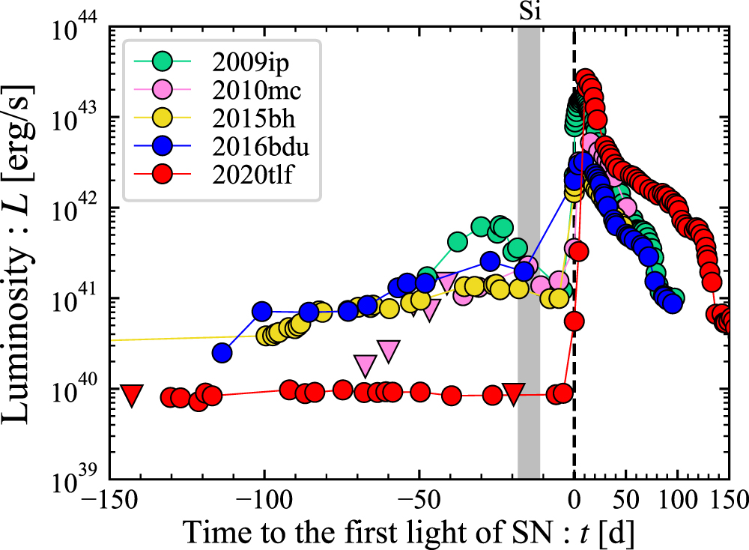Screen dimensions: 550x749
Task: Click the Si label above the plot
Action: [x=529, y=12]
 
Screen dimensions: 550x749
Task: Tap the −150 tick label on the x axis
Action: [x=109, y=498]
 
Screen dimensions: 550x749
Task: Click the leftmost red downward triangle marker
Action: [x=133, y=395]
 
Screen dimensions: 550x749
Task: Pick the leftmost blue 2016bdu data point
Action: [x=222, y=352]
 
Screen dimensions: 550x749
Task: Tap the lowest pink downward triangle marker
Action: [x=366, y=365]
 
